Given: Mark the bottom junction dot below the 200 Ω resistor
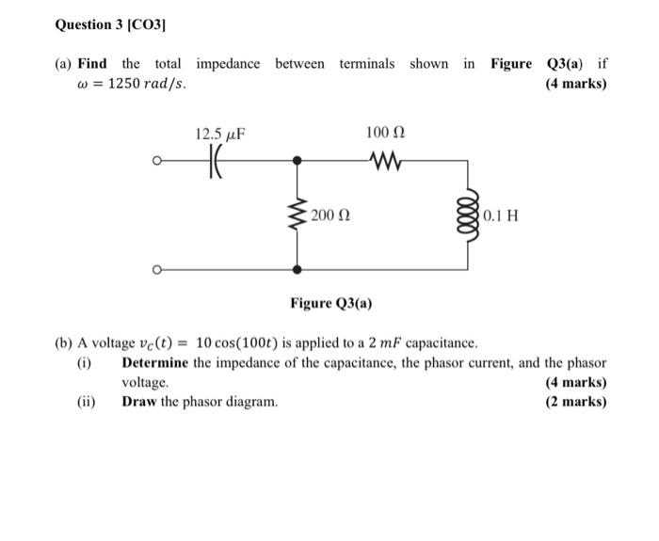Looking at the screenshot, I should point(298,269).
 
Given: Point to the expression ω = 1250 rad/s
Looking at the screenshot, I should point(131,84).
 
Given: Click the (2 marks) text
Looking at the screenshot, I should point(576,402).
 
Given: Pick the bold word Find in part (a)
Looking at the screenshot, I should point(92,64).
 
